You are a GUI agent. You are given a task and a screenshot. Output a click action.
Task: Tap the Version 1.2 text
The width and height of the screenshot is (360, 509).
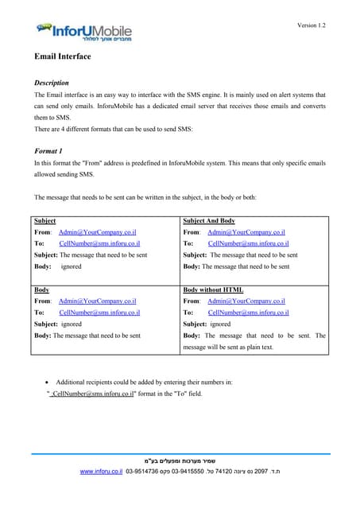tap(311, 25)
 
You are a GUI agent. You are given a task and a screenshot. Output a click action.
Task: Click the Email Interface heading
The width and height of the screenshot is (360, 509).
tap(62, 57)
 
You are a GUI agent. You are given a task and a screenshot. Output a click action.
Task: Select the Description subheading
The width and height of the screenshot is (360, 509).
tap(51, 83)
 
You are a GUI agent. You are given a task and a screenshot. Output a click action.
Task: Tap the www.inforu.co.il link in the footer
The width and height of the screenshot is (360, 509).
tap(106, 472)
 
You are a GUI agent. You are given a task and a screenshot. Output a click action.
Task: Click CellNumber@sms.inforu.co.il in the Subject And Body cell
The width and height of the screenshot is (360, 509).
tap(247, 243)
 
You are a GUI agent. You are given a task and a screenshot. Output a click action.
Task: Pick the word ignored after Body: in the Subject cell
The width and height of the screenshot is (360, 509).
tap(71, 266)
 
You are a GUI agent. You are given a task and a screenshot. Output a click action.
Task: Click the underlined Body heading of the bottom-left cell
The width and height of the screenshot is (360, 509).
tap(42, 289)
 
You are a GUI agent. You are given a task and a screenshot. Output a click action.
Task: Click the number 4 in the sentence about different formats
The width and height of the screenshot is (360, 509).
tap(64, 128)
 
